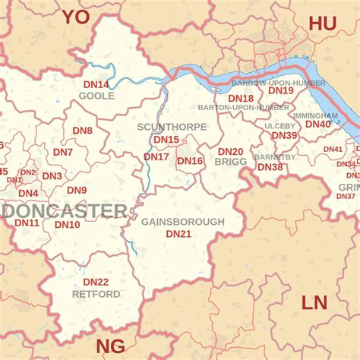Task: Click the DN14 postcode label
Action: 96,84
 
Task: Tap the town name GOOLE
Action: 96,96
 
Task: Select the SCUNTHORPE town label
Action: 172,127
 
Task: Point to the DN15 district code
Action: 166,140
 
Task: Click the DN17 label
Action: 156,157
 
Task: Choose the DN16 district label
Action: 190,161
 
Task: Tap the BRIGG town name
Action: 231,163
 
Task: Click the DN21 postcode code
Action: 178,234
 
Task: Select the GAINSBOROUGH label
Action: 183,222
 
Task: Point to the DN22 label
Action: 96,282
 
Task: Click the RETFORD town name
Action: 96,294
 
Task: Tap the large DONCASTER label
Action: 65,210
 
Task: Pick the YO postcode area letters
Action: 76,17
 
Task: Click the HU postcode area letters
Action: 322,24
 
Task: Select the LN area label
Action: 314,303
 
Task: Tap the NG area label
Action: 111,346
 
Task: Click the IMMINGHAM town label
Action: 315,115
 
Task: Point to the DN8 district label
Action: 82,131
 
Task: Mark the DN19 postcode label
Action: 281,90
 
